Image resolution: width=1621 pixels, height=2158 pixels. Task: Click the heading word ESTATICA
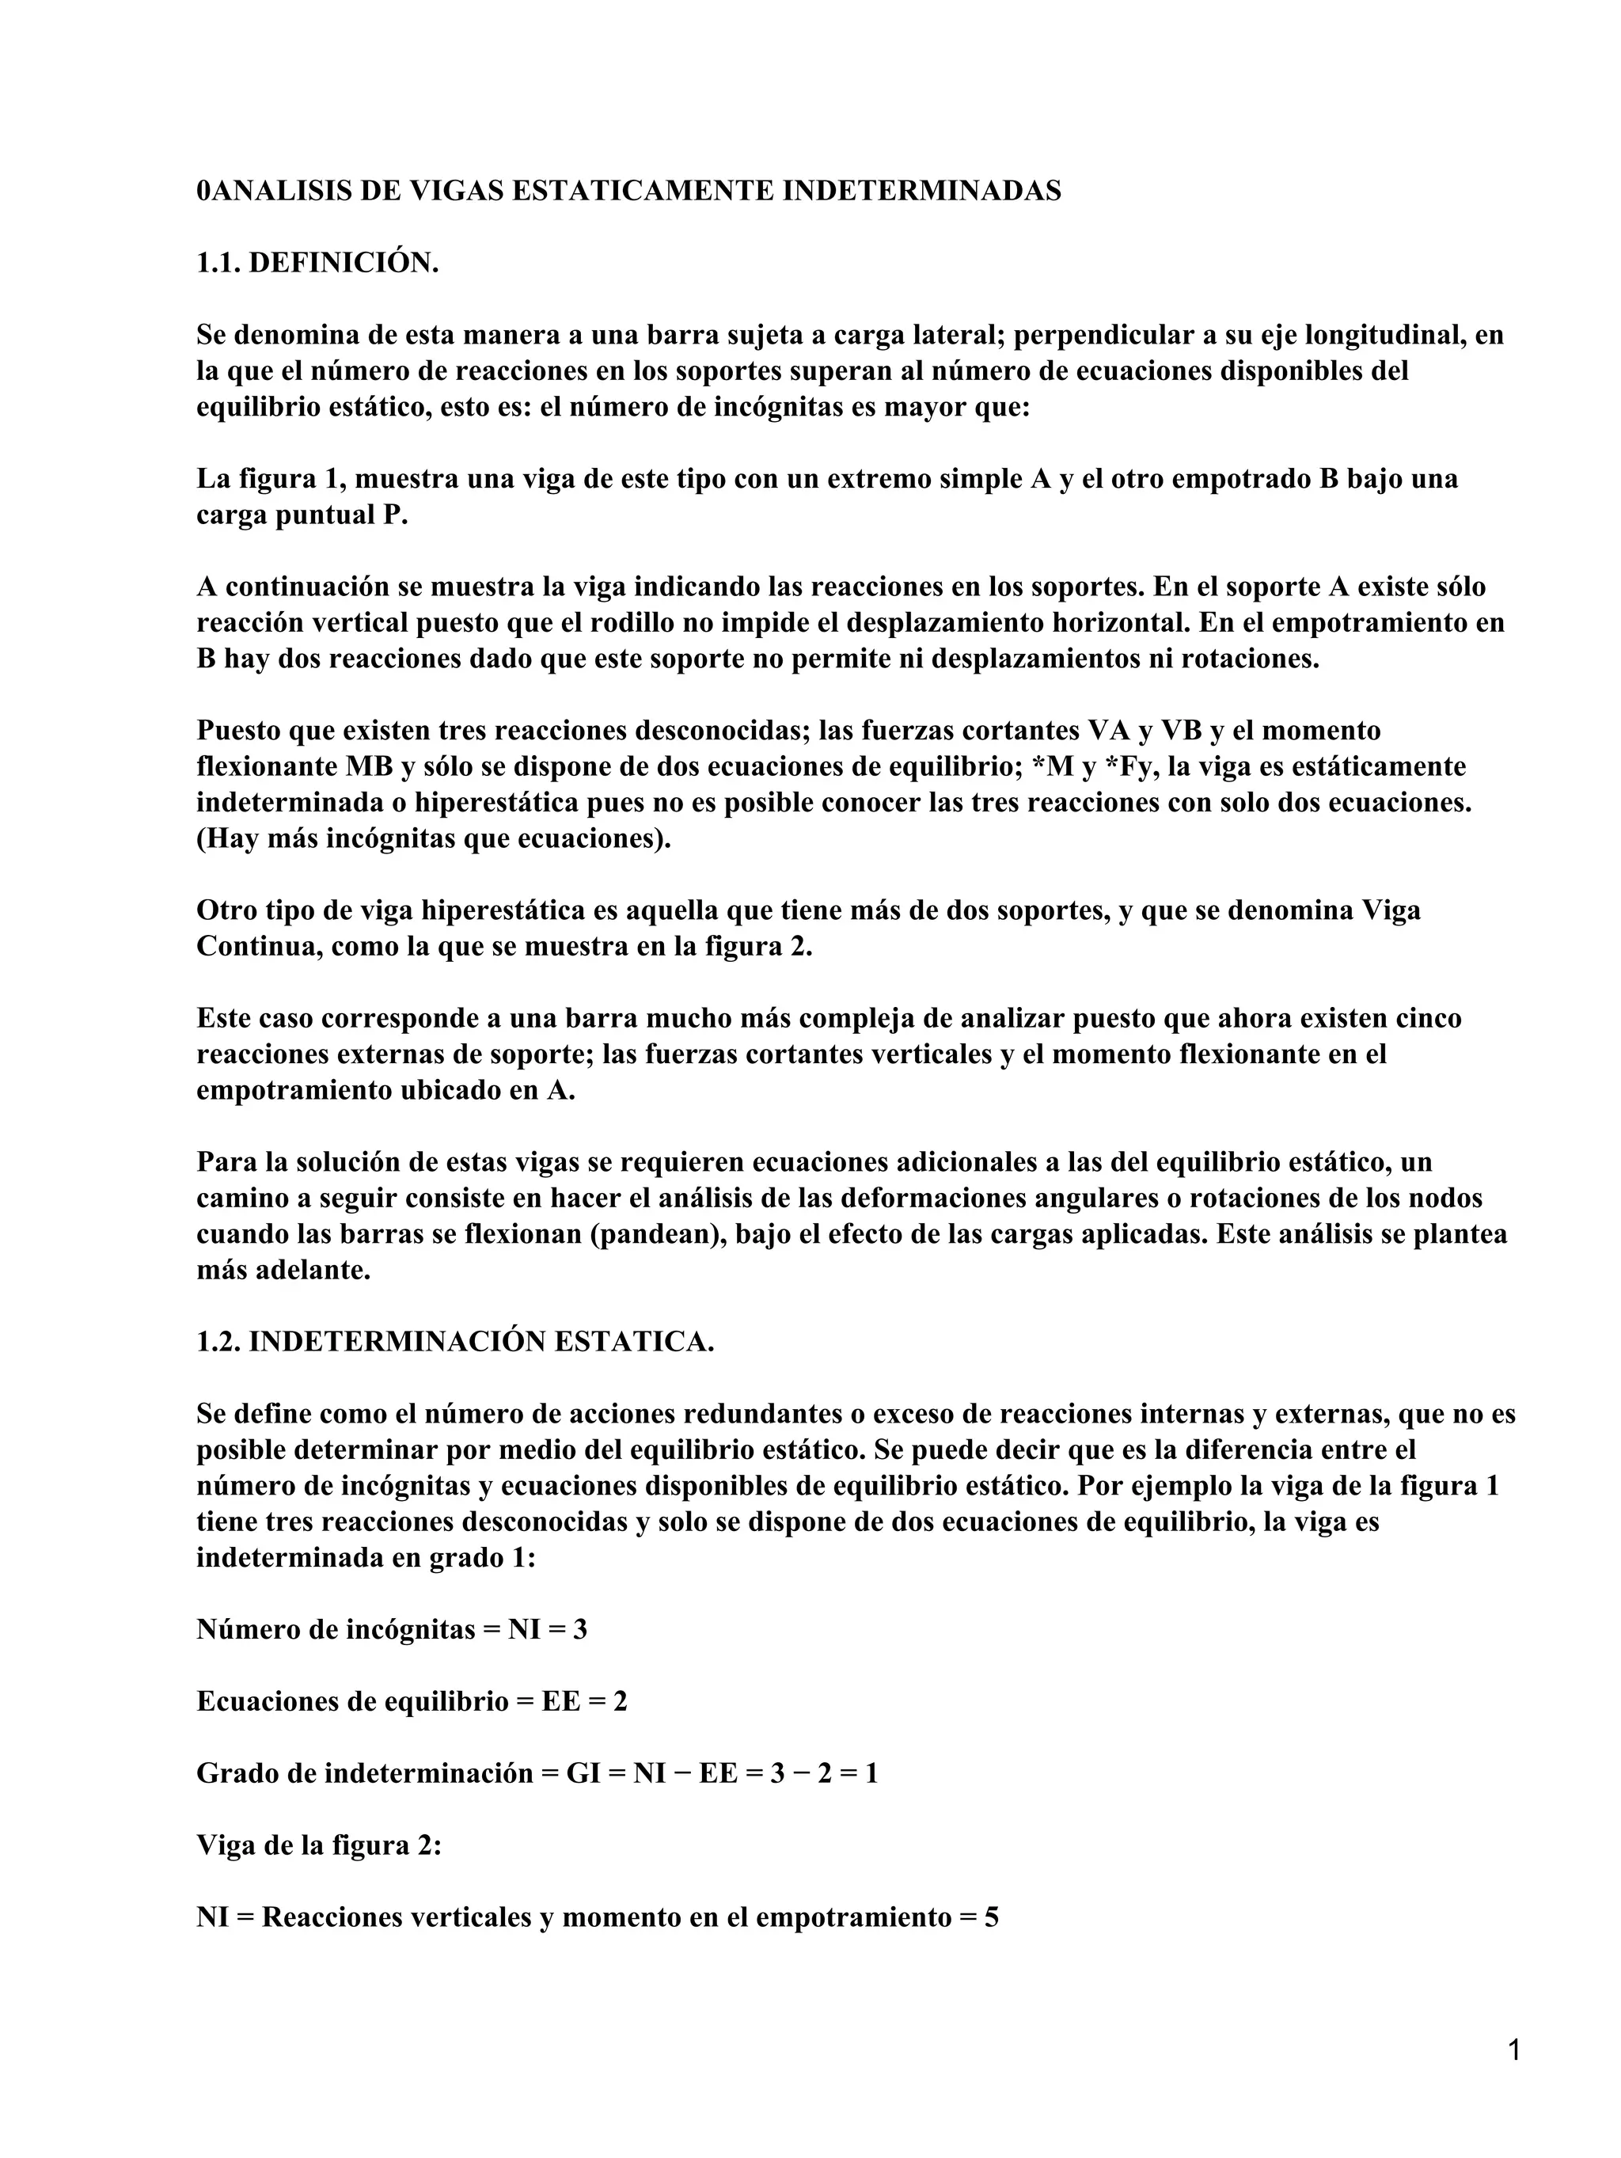pos(633,1342)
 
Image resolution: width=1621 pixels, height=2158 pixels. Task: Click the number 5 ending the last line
pos(991,1917)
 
